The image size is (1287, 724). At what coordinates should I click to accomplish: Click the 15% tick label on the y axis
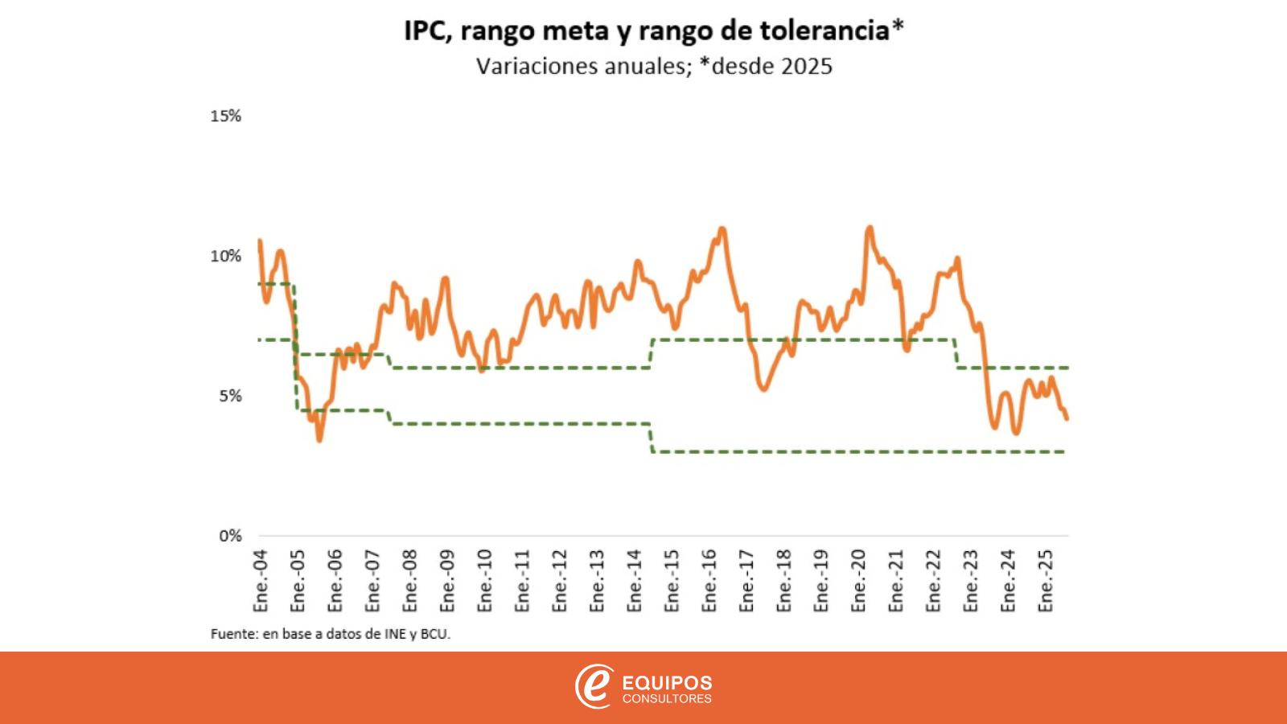point(225,116)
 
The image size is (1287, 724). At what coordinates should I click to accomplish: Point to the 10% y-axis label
point(225,256)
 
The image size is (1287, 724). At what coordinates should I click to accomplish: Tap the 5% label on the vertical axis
point(229,396)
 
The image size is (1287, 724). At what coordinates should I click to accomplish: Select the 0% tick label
point(229,536)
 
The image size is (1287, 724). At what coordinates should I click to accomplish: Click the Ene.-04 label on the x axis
point(261,581)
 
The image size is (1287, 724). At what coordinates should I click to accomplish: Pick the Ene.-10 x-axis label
point(485,581)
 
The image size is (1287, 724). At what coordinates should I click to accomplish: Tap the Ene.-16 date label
point(709,581)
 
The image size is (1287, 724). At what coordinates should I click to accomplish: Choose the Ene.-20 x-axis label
point(859,581)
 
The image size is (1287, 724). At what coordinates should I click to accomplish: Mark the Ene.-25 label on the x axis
point(1046,581)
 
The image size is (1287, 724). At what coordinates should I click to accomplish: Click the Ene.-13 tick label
point(598,581)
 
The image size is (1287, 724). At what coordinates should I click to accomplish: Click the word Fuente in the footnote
point(232,634)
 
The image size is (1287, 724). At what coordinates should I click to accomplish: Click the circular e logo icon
point(594,687)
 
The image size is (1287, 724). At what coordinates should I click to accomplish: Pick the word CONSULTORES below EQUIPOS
point(667,699)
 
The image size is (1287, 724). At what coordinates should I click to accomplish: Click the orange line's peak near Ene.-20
point(870,228)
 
